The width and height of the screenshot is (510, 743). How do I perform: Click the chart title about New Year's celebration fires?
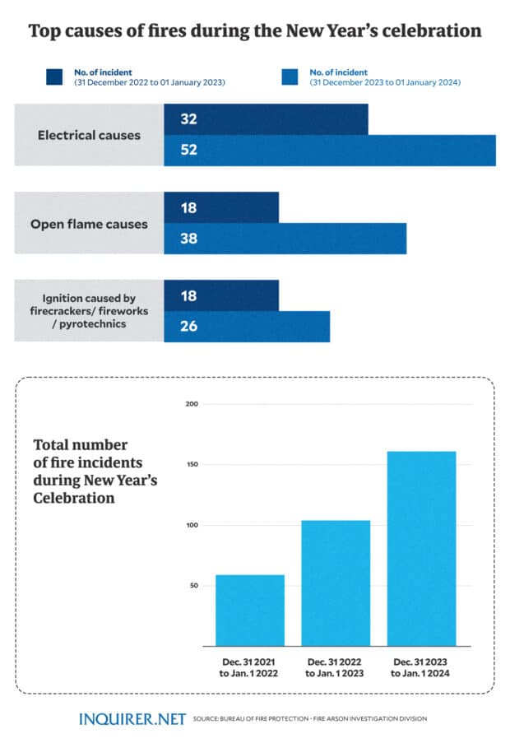pos(255,32)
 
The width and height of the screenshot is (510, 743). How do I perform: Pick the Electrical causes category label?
pos(89,135)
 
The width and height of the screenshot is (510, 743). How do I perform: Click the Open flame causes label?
pos(89,224)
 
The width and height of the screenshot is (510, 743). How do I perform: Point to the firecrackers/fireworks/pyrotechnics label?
pos(89,312)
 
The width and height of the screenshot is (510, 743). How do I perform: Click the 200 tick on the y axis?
pos(192,404)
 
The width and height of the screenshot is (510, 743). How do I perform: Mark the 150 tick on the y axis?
pos(192,465)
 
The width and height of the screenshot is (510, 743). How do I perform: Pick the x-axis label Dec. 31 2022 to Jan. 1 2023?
pos(336,667)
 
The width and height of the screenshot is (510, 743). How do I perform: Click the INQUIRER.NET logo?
pos(132,719)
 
